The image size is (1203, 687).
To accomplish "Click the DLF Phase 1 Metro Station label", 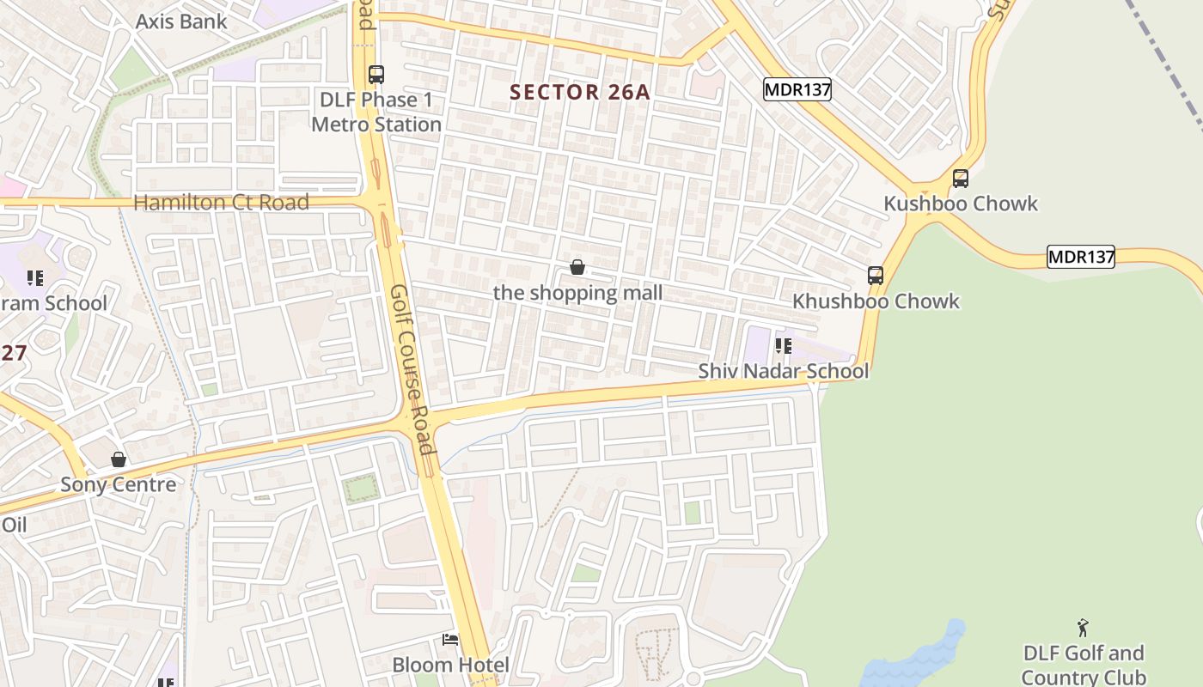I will click(376, 112).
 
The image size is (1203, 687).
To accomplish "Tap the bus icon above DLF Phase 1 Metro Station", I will click(376, 75).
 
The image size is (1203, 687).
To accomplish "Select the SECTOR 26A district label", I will click(580, 92).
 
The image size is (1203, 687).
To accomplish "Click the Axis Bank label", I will click(181, 21).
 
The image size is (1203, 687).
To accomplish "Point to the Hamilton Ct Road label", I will click(221, 203).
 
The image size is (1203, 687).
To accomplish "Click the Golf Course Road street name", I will click(411, 370).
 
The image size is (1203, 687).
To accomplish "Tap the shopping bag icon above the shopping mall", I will click(577, 268).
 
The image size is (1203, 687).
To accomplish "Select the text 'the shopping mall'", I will click(577, 293).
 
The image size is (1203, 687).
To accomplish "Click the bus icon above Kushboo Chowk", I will click(961, 179).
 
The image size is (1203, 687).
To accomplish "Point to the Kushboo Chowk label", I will click(961, 204).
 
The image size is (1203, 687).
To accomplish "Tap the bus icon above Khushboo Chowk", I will click(876, 276).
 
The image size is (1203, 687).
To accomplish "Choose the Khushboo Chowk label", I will click(876, 301).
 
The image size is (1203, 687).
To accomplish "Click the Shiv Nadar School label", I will click(783, 371).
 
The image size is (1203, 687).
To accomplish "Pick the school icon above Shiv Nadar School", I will click(783, 346).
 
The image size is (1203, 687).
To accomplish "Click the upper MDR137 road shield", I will click(797, 89).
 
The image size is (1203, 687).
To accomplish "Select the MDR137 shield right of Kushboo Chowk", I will click(1080, 256).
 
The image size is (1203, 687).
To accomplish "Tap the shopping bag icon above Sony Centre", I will click(119, 459).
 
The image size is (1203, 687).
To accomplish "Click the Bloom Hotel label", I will click(450, 665).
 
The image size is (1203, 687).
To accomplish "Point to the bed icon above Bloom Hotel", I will click(450, 640).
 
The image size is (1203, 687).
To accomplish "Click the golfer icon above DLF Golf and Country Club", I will click(1083, 628).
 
